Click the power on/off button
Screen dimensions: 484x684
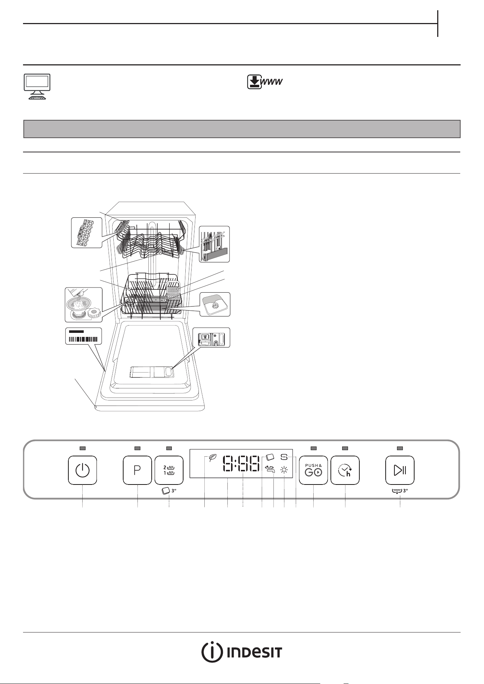[83, 470]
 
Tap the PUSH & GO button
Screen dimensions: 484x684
[313, 470]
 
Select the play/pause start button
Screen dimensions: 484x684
[400, 470]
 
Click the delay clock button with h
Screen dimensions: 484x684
[345, 470]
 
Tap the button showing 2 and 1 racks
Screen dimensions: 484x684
[169, 470]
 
